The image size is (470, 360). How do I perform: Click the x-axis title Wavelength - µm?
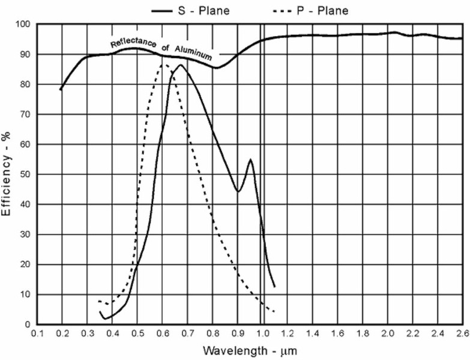click(249, 350)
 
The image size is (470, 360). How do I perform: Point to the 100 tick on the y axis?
click(23, 25)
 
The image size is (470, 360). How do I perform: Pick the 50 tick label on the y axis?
click(25, 175)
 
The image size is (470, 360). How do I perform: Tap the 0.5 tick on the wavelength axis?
click(137, 334)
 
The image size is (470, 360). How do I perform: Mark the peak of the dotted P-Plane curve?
click(162, 62)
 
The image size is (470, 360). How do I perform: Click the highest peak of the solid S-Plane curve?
click(180, 65)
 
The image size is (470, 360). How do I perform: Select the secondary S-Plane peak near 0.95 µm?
click(250, 160)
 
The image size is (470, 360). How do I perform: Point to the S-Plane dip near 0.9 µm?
click(238, 191)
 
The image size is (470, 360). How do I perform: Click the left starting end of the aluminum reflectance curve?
click(61, 90)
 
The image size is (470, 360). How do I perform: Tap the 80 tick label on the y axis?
click(25, 85)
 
